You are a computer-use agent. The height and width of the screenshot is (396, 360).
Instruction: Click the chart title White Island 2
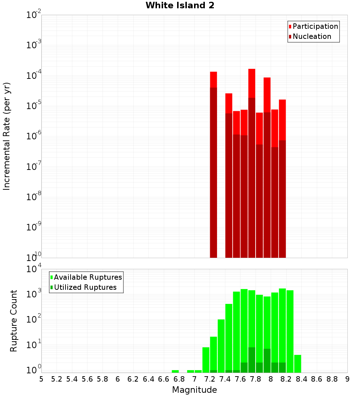(x=180, y=6)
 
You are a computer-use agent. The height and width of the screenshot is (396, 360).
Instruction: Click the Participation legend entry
(x=315, y=27)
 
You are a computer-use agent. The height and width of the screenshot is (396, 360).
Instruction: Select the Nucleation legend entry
(x=311, y=37)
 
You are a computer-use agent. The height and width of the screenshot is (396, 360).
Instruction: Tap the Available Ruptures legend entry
(x=87, y=277)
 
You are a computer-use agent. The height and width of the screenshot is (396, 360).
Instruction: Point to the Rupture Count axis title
(x=14, y=320)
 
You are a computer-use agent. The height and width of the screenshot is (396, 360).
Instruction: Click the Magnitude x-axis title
(x=194, y=390)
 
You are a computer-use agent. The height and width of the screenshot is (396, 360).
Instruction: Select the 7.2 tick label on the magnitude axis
(x=210, y=379)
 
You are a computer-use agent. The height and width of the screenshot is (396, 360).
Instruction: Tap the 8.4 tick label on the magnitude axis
(x=301, y=379)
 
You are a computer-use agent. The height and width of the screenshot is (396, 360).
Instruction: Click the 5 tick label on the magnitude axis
(x=41, y=379)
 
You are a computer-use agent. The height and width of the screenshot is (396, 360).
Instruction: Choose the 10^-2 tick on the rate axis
(x=34, y=15)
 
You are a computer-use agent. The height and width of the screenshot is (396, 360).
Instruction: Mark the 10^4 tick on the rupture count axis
(x=34, y=269)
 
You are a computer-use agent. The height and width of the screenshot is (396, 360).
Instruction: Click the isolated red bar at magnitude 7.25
(x=213, y=162)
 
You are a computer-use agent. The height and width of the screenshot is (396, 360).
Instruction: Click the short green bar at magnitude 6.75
(x=175, y=371)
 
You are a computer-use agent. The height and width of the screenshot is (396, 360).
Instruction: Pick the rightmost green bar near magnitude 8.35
(x=297, y=364)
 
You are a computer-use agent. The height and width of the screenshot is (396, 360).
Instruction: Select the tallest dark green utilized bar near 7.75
(x=252, y=360)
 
